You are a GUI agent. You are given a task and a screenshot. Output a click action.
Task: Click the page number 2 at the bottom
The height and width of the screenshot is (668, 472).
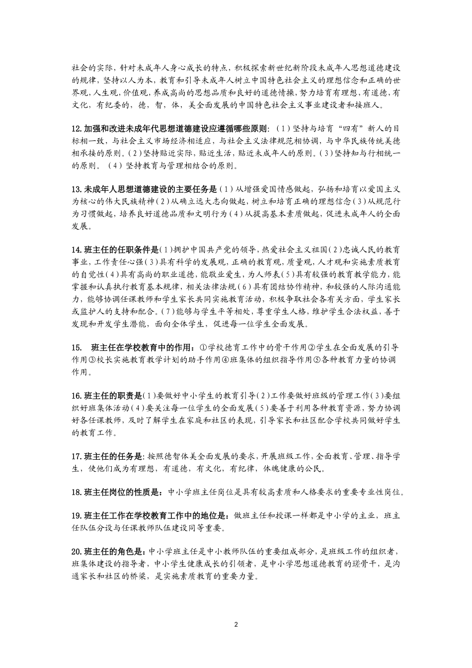[236, 624]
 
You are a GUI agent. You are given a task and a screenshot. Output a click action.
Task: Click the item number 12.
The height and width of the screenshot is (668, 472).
[77, 129]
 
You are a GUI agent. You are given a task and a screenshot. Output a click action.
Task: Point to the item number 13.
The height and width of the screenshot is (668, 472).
[77, 189]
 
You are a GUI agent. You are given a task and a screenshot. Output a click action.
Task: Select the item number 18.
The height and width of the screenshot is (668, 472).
[77, 493]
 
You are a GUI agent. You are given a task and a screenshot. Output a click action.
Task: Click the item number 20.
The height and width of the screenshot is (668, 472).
[77, 551]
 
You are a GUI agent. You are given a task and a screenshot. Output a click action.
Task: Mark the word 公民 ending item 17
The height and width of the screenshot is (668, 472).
[312, 468]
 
